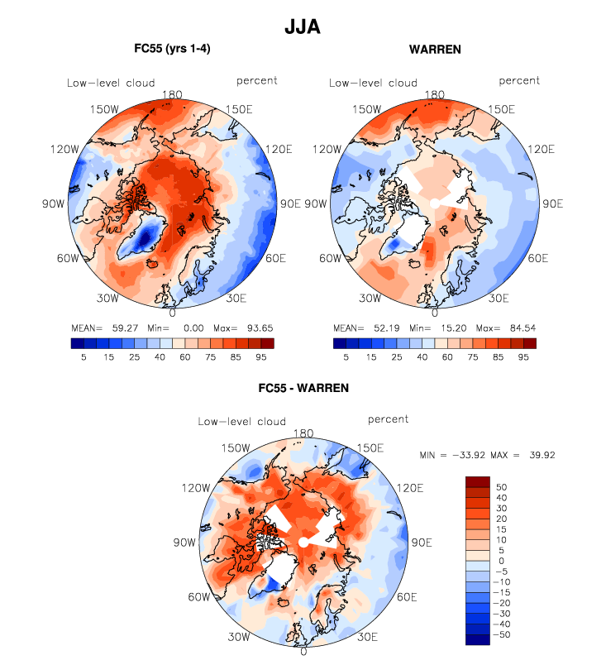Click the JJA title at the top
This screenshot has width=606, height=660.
(302, 27)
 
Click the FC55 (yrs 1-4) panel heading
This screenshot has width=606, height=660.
(172, 50)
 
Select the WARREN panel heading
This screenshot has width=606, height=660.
(435, 50)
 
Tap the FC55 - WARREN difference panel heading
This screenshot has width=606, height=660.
(303, 387)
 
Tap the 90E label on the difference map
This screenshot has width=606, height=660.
(422, 543)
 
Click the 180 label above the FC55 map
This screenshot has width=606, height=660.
(173, 95)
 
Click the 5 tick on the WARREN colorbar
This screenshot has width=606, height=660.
(346, 356)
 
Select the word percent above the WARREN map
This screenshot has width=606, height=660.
(519, 80)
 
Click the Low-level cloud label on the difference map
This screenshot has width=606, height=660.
(241, 422)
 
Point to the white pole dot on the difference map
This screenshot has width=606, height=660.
(303, 541)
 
